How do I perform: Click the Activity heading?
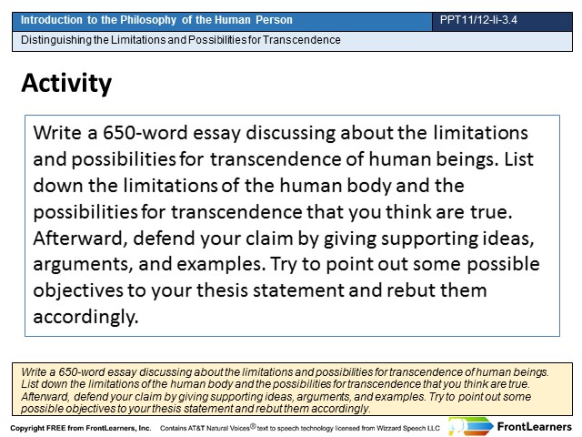[66, 84]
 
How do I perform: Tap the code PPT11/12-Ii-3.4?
[478, 20]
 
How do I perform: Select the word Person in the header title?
[274, 20]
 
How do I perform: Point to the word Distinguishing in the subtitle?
[56, 40]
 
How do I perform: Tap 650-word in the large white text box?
[145, 133]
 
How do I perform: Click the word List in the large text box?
[518, 159]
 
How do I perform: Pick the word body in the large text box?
[368, 186]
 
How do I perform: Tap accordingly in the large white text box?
[85, 317]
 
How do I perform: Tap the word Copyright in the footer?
[27, 428]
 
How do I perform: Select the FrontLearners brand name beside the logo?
[534, 427]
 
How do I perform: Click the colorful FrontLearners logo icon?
[470, 426]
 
